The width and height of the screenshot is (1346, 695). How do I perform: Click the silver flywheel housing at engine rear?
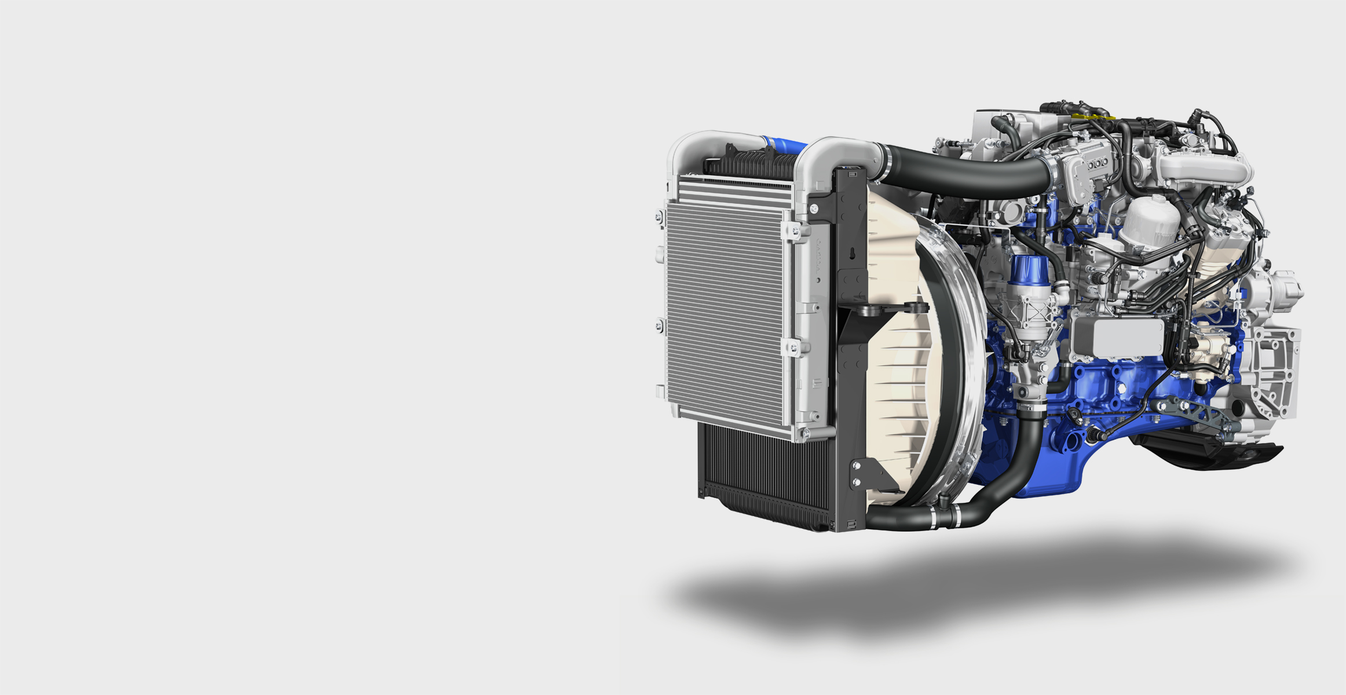[1274, 371]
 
